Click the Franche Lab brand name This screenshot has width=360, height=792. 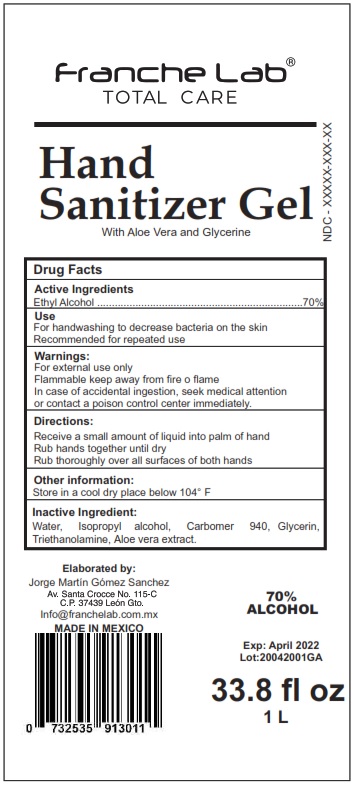tap(169, 73)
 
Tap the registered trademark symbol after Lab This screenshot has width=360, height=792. tap(291, 62)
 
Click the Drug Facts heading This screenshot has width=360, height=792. tap(68, 270)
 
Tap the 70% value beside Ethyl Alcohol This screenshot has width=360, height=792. tap(312, 301)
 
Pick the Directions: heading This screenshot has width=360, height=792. tap(67, 422)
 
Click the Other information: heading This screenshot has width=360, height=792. tap(86, 479)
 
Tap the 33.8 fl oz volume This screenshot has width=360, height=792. tap(277, 690)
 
